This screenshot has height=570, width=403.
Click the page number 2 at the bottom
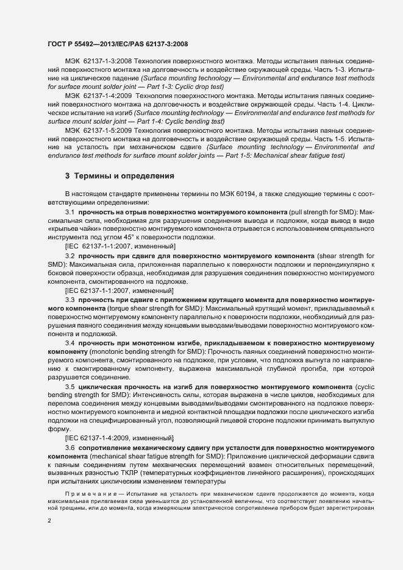49,521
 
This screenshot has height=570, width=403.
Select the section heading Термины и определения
124,176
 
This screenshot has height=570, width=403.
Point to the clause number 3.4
70,343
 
